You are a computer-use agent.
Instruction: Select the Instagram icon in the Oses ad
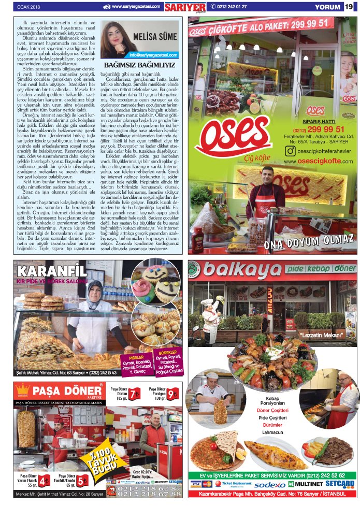click(291, 151)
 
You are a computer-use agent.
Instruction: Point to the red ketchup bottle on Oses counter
click(197, 239)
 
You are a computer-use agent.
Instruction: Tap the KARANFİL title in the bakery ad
click(52, 270)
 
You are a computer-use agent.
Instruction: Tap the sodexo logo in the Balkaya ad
click(269, 485)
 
